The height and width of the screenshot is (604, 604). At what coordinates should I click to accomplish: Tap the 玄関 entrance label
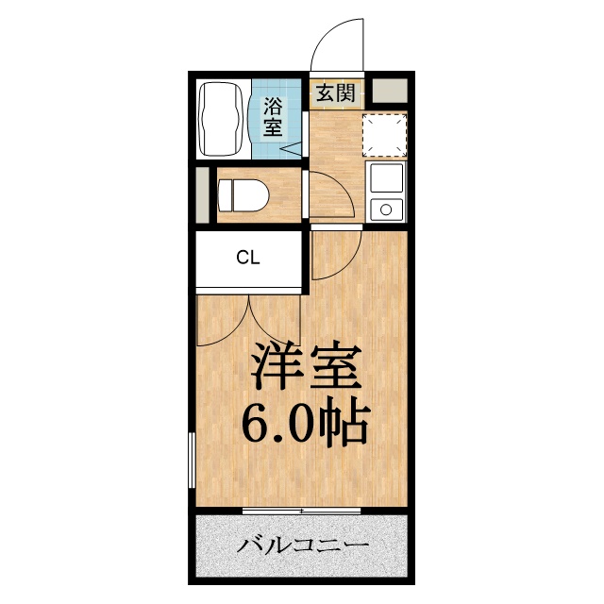point(336,92)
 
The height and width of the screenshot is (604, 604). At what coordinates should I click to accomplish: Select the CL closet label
point(248,258)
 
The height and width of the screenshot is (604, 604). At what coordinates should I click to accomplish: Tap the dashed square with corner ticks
point(385,134)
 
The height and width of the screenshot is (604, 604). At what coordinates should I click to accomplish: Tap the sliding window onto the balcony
point(302,511)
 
